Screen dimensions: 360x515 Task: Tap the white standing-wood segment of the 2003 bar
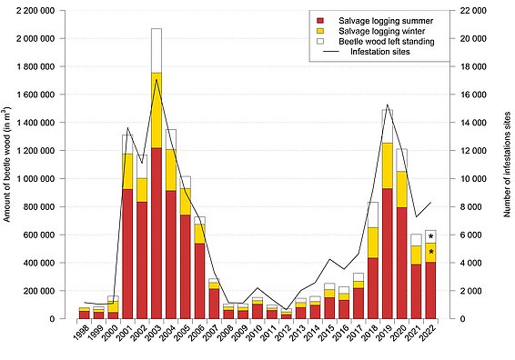(157, 50)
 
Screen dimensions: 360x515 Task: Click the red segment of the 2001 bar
(127, 254)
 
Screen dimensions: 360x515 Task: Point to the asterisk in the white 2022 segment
(430, 236)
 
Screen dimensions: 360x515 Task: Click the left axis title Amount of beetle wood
(7, 164)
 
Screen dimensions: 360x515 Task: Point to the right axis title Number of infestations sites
(507, 164)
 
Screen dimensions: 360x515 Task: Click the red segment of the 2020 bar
(401, 263)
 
